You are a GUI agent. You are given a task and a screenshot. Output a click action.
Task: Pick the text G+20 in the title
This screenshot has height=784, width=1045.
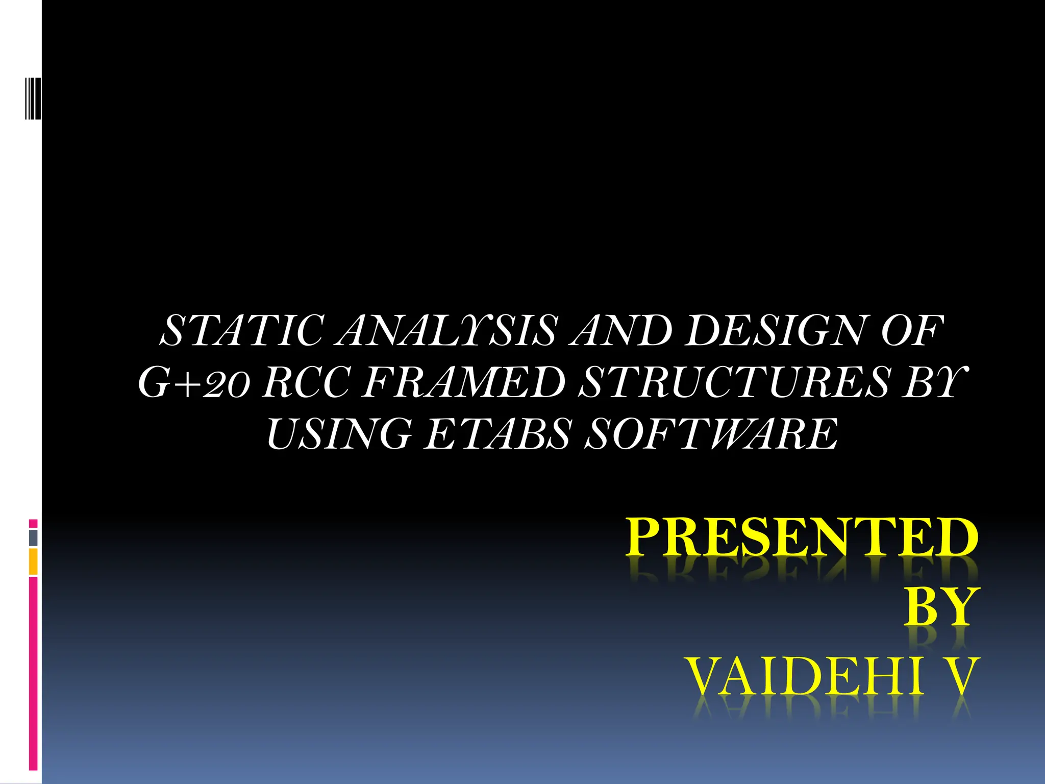194,383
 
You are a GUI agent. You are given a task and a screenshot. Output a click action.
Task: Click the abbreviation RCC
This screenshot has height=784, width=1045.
306,383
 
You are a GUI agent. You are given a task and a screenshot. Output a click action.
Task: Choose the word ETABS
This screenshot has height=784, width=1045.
497,434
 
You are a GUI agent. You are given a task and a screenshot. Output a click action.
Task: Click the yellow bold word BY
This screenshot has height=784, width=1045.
942,607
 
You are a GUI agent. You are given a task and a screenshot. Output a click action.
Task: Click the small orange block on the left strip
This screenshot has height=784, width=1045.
33,561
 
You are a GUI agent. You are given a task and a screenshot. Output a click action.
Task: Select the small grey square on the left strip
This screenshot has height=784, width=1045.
33,537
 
